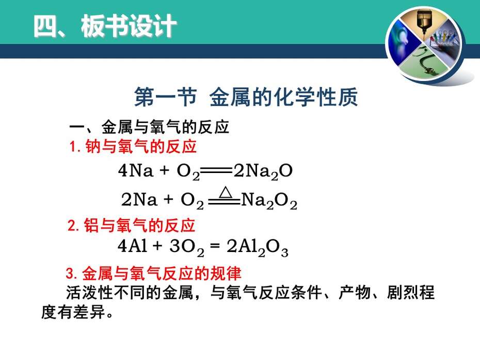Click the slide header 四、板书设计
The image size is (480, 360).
[105, 26]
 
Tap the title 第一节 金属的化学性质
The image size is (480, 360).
[246, 97]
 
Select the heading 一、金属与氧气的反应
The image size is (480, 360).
[149, 127]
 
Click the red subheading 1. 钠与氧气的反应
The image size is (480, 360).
[133, 146]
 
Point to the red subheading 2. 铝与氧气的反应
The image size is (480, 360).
[131, 225]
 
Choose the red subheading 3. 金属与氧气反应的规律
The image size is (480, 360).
[154, 273]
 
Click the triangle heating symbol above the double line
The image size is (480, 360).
[226, 192]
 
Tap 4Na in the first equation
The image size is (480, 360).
[136, 170]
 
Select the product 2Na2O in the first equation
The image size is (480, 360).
[263, 171]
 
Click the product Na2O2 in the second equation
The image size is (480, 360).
[269, 201]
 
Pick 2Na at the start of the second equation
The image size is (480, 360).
[139, 199]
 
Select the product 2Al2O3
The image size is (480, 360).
[258, 247]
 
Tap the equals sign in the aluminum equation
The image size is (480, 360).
[215, 246]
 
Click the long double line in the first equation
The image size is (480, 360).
[216, 170]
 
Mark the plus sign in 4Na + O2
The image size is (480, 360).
[165, 170]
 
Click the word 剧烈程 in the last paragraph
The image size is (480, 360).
[410, 292]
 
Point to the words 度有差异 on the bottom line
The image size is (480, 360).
[73, 312]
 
